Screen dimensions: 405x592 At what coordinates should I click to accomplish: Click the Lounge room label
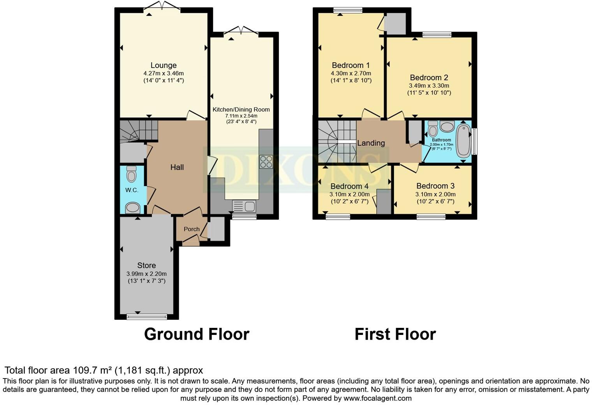163,65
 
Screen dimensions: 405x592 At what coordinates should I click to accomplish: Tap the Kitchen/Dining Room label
241,109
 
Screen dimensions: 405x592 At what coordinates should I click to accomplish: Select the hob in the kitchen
266,162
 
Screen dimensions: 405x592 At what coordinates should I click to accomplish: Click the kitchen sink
243,206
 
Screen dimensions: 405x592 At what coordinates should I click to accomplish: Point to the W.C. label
132,190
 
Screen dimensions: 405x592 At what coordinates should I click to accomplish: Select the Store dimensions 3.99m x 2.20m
146,273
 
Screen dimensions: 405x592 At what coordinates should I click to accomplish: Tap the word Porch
191,229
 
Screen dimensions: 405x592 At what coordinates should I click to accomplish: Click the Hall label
177,167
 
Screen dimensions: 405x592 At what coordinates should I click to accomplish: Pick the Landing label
371,143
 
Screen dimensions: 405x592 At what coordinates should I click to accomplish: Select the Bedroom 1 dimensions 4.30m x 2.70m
351,73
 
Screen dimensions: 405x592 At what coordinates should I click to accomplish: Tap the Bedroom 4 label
349,186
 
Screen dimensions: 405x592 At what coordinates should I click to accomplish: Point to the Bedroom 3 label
435,186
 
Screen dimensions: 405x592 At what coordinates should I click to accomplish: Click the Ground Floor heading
196,334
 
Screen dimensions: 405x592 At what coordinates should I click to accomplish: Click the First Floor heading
395,334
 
